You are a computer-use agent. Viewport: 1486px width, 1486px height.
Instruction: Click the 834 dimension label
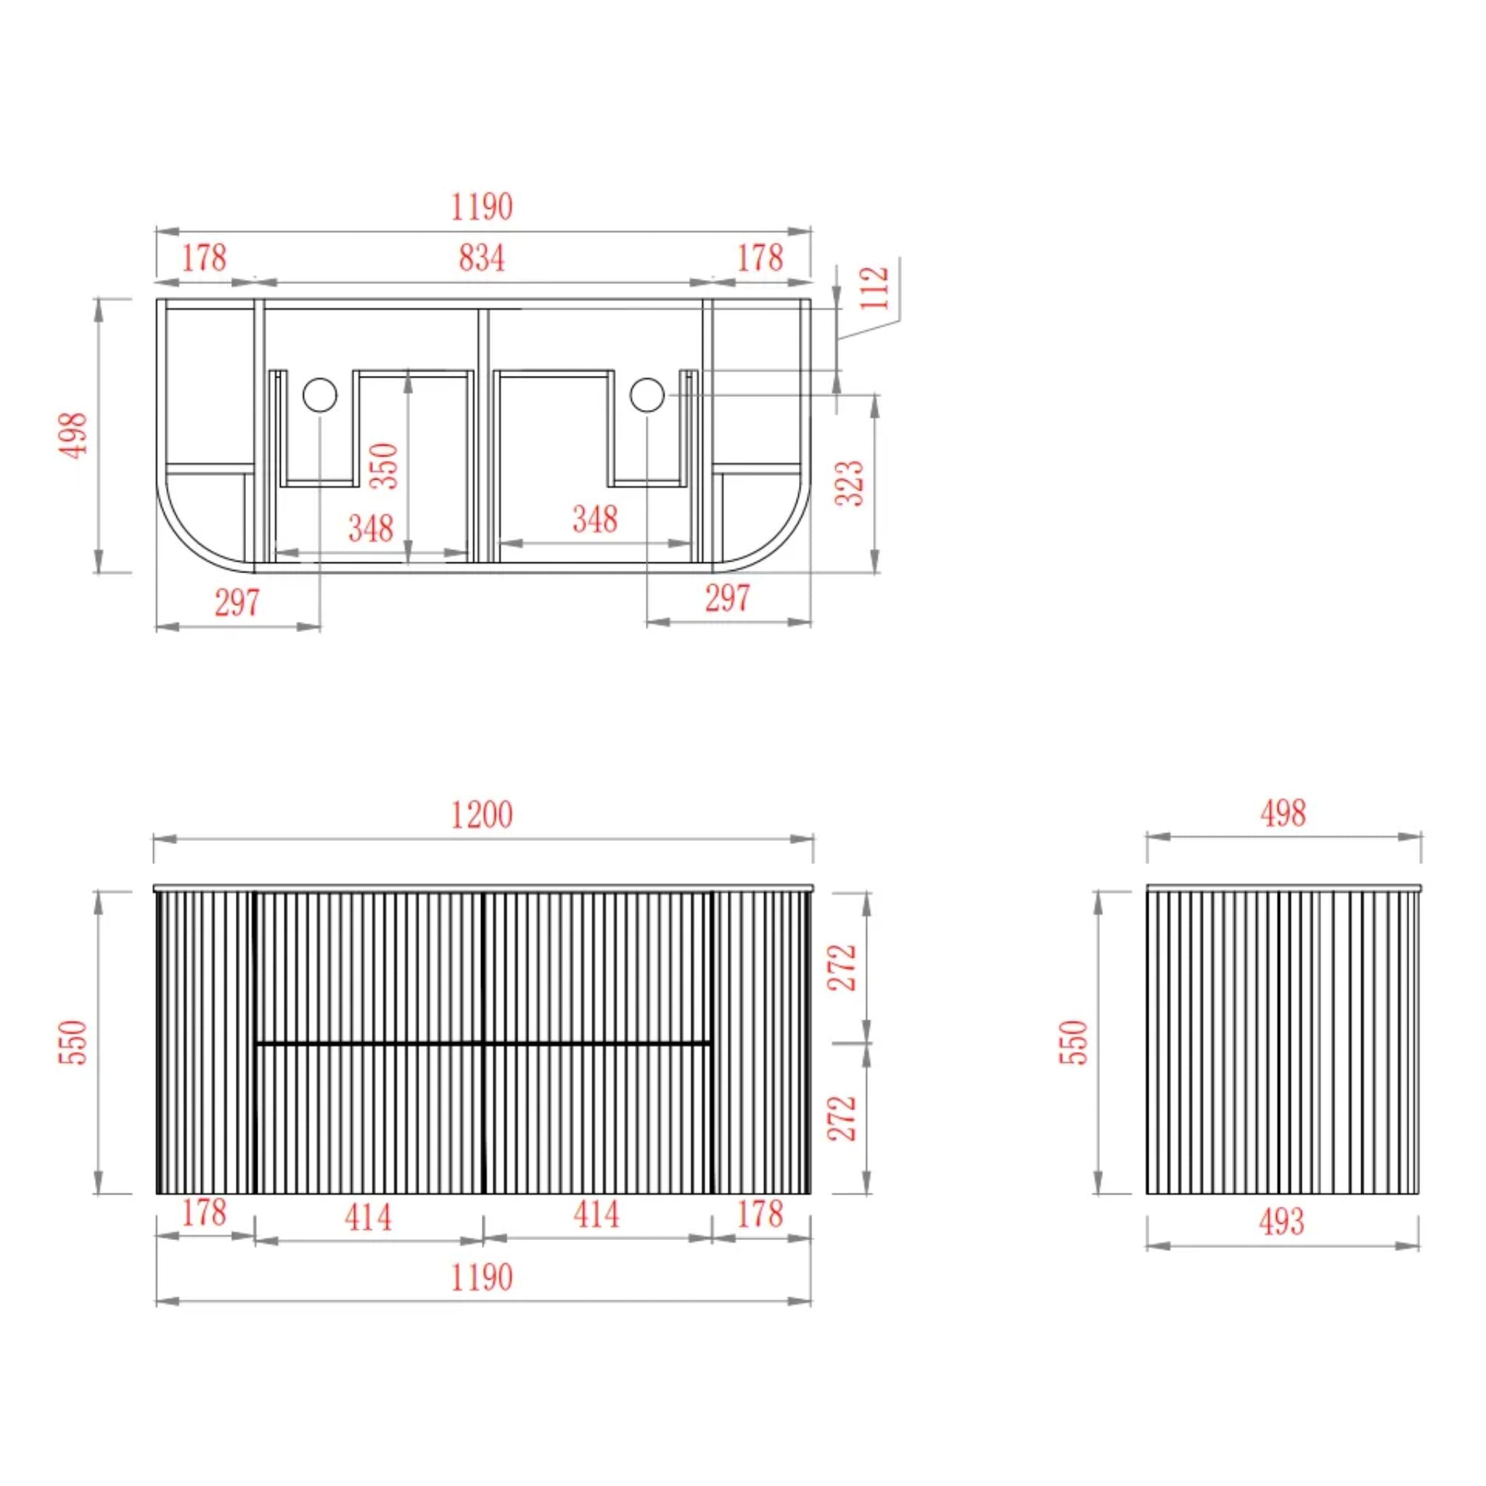pyautogui.click(x=482, y=258)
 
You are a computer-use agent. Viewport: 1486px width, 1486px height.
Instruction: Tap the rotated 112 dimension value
pyautogui.click(x=874, y=287)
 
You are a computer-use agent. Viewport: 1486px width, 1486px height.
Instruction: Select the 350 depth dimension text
pyautogui.click(x=384, y=465)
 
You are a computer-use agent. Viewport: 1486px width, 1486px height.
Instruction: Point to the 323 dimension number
pyautogui.click(x=850, y=483)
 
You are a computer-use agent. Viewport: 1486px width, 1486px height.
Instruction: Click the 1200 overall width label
pyautogui.click(x=482, y=816)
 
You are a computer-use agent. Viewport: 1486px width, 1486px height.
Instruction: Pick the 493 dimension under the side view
pyautogui.click(x=1282, y=1221)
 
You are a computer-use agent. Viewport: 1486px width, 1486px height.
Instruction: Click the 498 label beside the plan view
pyautogui.click(x=73, y=435)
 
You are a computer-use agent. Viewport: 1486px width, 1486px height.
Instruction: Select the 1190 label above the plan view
pyautogui.click(x=482, y=207)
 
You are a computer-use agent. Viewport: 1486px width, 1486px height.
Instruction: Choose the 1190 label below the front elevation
pyautogui.click(x=482, y=1278)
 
